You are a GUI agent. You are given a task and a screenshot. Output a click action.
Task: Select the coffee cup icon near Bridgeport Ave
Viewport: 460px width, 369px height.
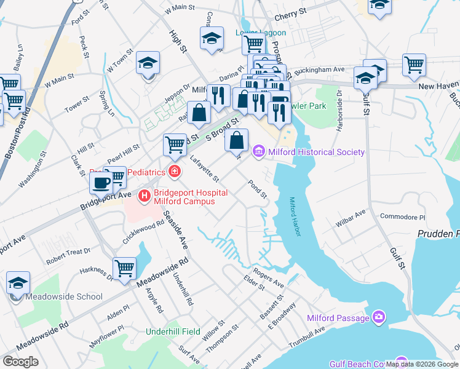[101, 183]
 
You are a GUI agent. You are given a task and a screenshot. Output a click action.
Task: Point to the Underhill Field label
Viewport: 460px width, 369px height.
[173, 331]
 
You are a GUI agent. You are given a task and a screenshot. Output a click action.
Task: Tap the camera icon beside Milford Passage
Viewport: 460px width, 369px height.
[379, 317]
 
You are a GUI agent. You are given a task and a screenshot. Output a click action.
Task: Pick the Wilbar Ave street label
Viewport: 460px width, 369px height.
[351, 216]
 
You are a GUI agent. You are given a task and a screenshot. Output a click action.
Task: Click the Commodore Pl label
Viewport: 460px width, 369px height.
[402, 217]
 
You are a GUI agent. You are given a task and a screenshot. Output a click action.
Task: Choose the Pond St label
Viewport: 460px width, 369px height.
[257, 189]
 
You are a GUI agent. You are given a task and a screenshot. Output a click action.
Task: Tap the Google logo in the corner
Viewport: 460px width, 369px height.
[21, 362]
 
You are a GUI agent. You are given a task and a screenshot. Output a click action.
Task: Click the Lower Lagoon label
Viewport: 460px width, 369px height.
[261, 33]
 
